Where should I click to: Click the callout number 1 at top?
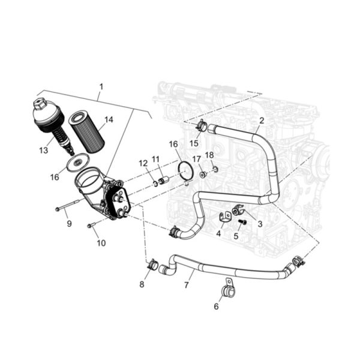pos(101,87)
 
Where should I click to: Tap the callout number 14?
pos(109,119)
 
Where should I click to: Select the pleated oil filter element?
pos(87,132)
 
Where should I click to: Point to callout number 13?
pos(44,151)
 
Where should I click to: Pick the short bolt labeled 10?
pos(91,225)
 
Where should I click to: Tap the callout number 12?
pos(143,163)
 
